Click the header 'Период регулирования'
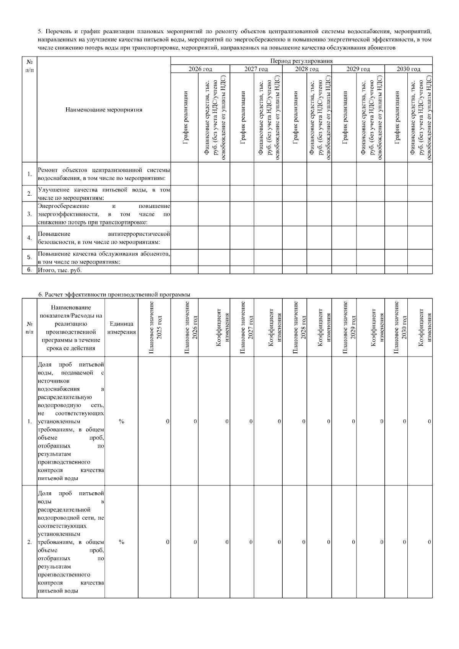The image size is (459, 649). point(301,61)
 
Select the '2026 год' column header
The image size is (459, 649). point(200,69)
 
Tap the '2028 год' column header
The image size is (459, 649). point(307,69)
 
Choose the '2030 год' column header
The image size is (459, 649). point(408,69)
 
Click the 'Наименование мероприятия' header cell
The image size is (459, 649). point(104,110)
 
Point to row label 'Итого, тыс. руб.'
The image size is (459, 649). point(60,270)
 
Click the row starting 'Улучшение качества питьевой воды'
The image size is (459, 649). point(104,194)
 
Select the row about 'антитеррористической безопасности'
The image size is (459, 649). point(104,238)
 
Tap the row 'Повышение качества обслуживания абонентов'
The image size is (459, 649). point(104,258)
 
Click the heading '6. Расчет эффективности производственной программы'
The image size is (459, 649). point(114,294)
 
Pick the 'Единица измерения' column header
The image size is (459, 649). point(121,328)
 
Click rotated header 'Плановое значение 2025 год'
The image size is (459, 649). point(155,328)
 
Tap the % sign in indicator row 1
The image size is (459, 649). point(121,421)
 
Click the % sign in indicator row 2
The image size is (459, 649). point(121,542)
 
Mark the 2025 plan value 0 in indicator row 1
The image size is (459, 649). point(168,421)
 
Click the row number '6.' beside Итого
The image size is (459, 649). point(29,270)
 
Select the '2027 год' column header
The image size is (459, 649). point(256,69)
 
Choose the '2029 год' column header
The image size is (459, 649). point(358,69)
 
